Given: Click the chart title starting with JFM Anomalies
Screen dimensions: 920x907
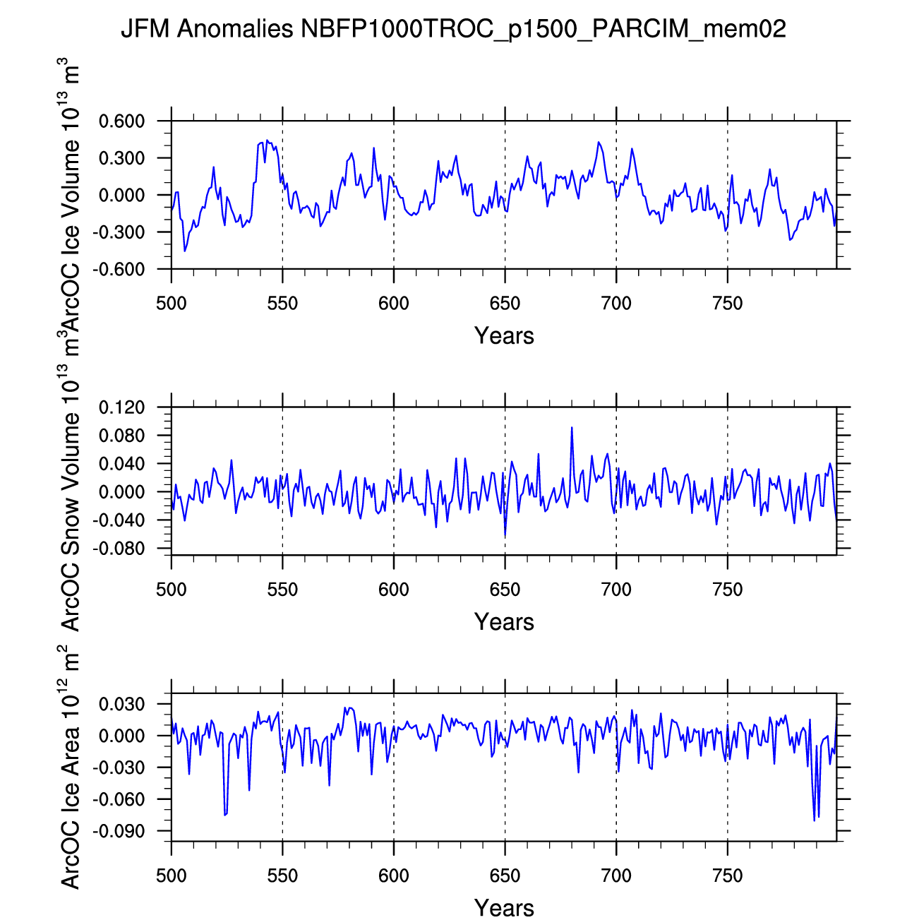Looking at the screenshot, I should pyautogui.click(x=453, y=29).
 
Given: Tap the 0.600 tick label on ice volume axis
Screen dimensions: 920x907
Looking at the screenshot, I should pyautogui.click(x=121, y=121).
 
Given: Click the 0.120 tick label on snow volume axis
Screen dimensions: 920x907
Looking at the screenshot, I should pyautogui.click(x=121, y=407).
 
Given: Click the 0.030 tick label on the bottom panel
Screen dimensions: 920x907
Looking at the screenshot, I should pyautogui.click(x=121, y=705).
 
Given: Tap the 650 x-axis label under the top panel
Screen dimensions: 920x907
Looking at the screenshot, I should pyautogui.click(x=505, y=304).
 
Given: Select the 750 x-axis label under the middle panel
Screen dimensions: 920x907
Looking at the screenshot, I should pyautogui.click(x=727, y=590).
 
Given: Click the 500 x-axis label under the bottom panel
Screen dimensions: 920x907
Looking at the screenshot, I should pyautogui.click(x=171, y=876).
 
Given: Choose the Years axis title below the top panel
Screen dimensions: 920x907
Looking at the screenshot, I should pyautogui.click(x=504, y=335).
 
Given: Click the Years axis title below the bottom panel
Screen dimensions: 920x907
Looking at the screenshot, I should pyautogui.click(x=504, y=907).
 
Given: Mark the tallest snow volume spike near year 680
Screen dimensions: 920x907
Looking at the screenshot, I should pyautogui.click(x=572, y=427).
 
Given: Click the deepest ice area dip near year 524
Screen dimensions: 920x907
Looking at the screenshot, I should pyautogui.click(x=224, y=815).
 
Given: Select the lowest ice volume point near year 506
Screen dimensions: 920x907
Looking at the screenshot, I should pyautogui.click(x=185, y=251).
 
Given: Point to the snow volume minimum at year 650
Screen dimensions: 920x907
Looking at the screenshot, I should pyautogui.click(x=505, y=537).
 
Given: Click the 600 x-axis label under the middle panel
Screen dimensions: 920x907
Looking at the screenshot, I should pyautogui.click(x=393, y=590).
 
